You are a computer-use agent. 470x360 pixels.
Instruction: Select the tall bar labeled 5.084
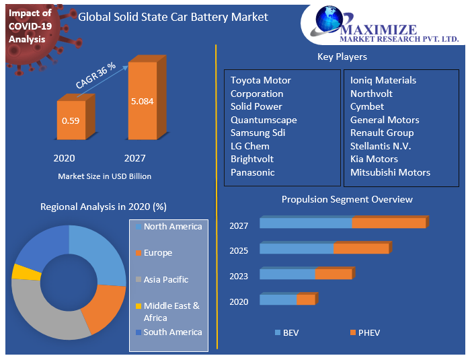[x=142, y=102]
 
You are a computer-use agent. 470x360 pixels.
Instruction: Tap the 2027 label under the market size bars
[x=134, y=159]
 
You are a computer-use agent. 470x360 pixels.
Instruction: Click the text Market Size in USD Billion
[x=104, y=176]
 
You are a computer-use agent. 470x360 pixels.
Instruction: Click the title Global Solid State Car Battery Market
[x=173, y=17]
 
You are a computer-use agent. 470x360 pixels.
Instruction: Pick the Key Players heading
[x=342, y=57]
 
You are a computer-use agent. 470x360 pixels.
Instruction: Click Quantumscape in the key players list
[x=264, y=120]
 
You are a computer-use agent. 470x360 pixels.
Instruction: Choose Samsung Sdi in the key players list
[x=258, y=133]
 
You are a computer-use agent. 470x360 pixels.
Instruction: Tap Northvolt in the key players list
[x=371, y=94]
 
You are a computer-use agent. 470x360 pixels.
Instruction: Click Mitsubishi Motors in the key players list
[x=390, y=172]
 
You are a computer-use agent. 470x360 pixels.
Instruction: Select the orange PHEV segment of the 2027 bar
[x=389, y=223]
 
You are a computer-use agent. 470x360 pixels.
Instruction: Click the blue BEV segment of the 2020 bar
[x=278, y=299]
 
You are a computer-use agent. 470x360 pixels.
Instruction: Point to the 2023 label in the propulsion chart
[x=239, y=276]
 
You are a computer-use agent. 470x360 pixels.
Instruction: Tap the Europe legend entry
[x=157, y=253]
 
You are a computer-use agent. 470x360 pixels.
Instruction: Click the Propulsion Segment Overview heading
[x=347, y=199]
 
